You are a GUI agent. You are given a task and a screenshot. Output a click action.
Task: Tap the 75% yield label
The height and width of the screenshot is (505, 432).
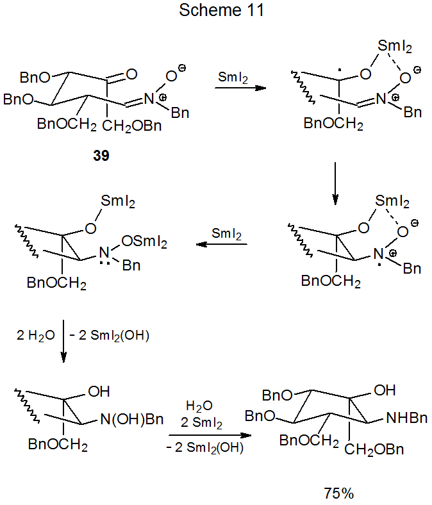[339, 493]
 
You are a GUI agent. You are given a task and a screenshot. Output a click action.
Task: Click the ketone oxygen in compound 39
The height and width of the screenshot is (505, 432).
[131, 74]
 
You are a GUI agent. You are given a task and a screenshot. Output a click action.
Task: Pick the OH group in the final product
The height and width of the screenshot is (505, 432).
[385, 390]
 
